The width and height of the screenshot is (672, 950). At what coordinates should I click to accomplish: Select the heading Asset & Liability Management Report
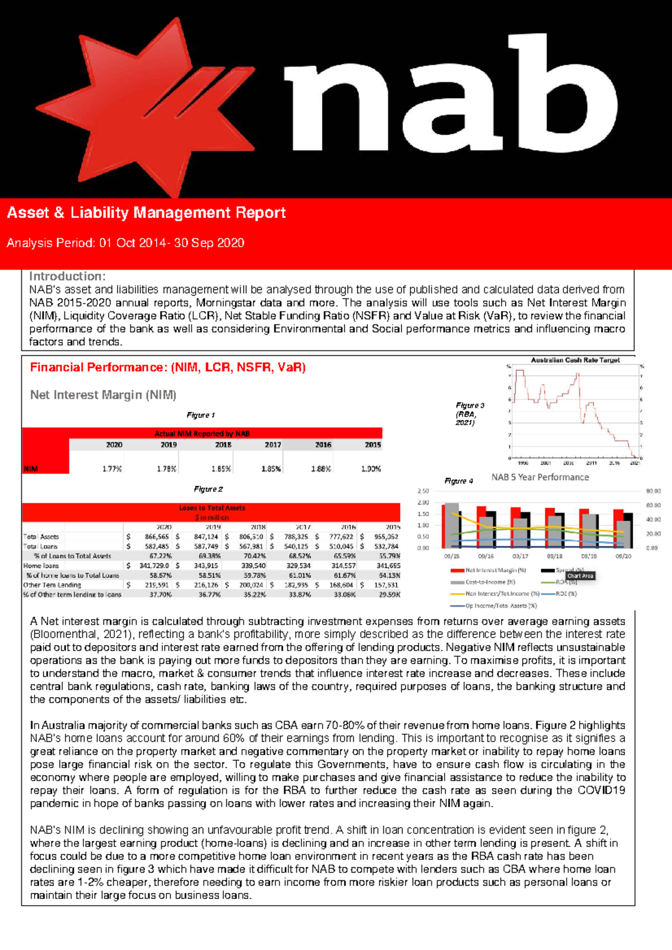click(146, 213)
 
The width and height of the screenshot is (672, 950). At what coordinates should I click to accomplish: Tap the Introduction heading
click(67, 276)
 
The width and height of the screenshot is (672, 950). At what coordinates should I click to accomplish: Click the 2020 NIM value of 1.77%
click(112, 469)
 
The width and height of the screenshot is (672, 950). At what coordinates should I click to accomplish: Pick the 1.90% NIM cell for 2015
click(371, 469)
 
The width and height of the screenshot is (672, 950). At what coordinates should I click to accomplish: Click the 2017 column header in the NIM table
click(273, 445)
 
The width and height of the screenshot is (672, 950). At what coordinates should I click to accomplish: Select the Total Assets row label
click(41, 537)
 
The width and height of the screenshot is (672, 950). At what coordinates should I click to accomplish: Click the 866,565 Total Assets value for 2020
click(156, 537)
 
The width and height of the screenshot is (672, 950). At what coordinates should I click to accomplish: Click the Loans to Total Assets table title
click(212, 508)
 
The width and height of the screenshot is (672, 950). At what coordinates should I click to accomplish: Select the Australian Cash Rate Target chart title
click(575, 360)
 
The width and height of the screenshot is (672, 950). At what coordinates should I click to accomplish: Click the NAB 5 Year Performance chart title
click(540, 477)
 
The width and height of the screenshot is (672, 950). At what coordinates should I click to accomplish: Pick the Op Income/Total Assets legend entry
click(500, 605)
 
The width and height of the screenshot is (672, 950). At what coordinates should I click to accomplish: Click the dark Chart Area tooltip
click(580, 576)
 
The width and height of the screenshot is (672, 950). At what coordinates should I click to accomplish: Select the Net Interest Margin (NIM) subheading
click(103, 395)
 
